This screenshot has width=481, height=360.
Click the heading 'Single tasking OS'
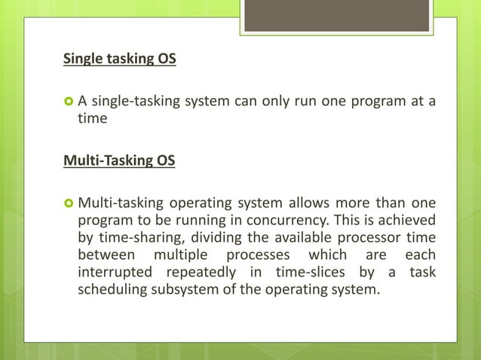(x=119, y=59)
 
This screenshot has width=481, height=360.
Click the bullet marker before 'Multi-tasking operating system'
(x=67, y=202)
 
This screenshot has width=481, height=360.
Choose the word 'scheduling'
(x=112, y=288)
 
